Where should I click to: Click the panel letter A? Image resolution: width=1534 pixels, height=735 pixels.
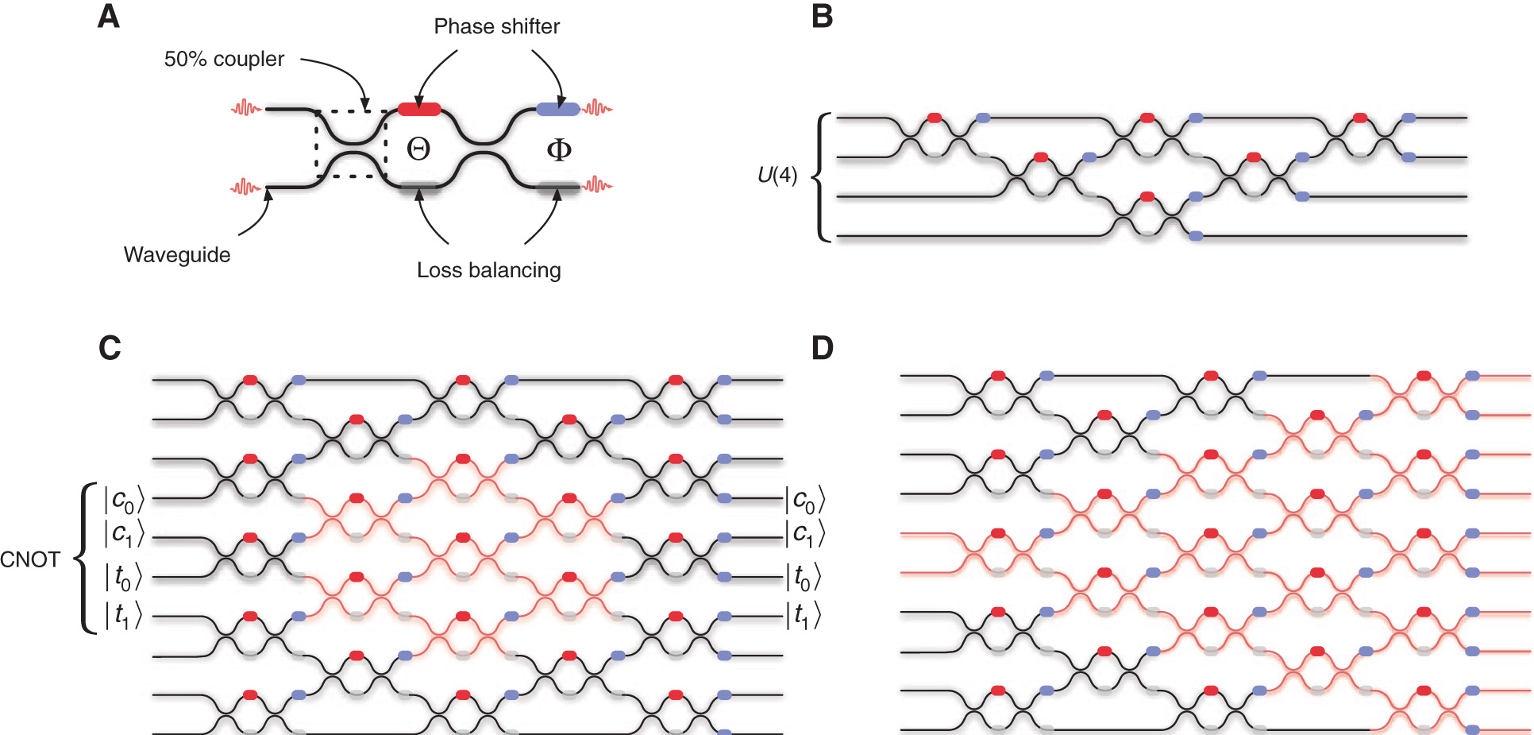click(109, 17)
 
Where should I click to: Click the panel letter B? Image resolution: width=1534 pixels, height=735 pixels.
click(823, 17)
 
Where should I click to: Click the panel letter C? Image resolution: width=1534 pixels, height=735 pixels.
click(110, 348)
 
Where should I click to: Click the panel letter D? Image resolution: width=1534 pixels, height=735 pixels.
click(823, 348)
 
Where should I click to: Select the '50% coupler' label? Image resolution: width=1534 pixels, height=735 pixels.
click(224, 60)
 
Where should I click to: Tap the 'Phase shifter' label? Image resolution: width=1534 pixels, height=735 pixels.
click(496, 27)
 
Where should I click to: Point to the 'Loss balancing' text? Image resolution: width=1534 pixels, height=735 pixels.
click(488, 271)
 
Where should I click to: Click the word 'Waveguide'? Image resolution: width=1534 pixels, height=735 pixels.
click(177, 255)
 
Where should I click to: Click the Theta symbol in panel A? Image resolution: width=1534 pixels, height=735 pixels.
click(418, 149)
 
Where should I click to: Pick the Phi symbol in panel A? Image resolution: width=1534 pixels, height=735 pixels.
click(559, 149)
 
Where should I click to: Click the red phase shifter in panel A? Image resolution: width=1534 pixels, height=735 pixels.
click(419, 109)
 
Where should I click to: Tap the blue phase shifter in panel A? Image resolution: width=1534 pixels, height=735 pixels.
click(557, 109)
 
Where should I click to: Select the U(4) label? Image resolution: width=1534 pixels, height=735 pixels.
click(777, 176)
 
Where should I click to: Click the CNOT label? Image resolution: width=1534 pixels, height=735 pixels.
click(30, 560)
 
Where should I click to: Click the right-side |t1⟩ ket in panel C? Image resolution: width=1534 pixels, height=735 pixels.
click(804, 615)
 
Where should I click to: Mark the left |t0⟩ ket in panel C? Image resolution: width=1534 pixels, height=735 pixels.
click(124, 577)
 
